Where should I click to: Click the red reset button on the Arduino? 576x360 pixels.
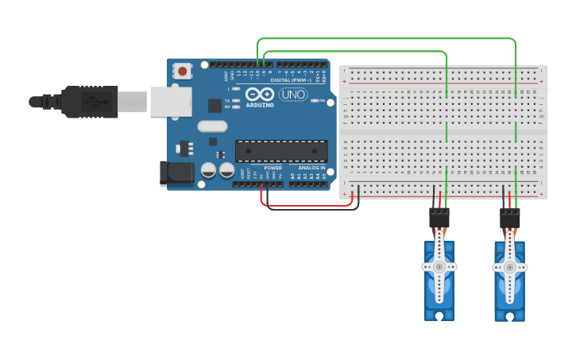[183, 72]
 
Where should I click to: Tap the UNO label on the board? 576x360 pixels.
[292, 95]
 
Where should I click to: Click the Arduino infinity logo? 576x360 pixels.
[260, 95]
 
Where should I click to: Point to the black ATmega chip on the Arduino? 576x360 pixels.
[281, 151]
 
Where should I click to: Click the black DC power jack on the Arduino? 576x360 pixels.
[176, 174]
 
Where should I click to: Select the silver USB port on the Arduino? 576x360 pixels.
[171, 101]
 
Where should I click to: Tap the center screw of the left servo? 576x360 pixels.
[439, 267]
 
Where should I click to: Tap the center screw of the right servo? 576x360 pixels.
[509, 268]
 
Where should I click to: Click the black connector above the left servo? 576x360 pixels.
[439, 218]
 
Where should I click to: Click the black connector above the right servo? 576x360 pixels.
[510, 218]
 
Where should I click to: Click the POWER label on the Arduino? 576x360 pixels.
[273, 168]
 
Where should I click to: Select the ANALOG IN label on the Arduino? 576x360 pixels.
[311, 168]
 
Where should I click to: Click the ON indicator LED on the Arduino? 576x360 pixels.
[315, 101]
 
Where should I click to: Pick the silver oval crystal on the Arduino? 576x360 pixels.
[212, 126]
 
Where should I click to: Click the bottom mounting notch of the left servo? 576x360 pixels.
[439, 316]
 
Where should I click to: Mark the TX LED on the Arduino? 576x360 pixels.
[236, 101]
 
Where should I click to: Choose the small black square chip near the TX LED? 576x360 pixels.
[215, 105]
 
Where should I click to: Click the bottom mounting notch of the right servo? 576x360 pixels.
[509, 317]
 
